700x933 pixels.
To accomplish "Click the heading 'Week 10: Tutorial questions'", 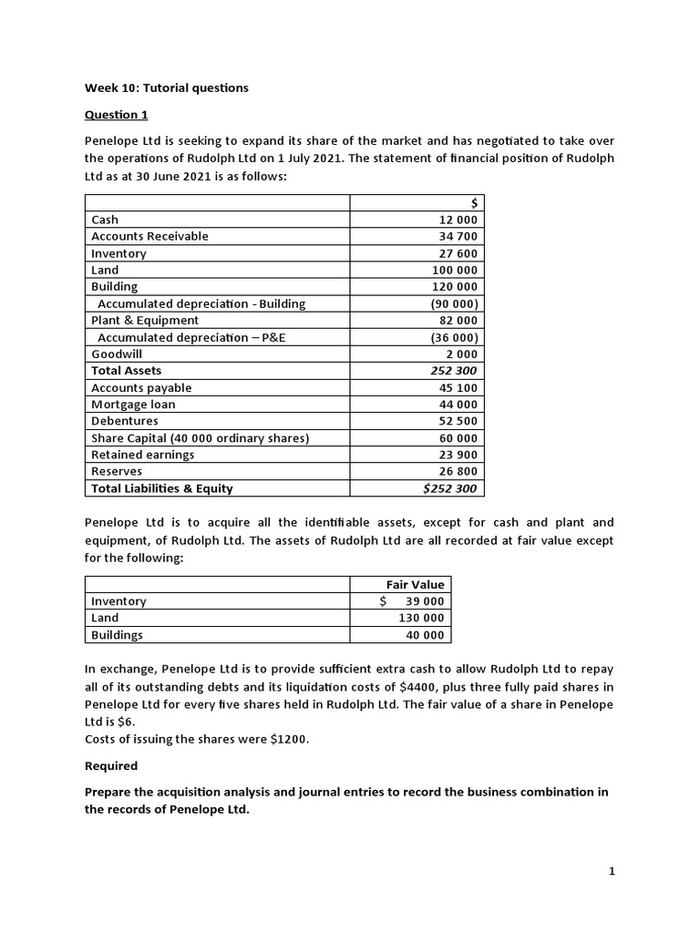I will point(166,88).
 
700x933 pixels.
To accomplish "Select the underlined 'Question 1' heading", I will point(116,115).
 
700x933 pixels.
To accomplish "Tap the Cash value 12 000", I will point(458,220).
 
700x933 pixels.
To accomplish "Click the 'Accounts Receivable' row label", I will point(149,236).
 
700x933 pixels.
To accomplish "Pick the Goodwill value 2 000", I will point(461,354).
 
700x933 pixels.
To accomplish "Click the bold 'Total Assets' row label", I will point(126,371).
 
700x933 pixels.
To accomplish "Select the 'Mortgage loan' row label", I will point(133,405).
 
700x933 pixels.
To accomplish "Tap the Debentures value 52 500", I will point(458,421).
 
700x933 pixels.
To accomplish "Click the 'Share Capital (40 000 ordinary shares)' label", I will point(201,438).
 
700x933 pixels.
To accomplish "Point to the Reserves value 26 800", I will point(458,472).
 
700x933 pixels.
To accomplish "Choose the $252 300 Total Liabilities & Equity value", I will point(450,488).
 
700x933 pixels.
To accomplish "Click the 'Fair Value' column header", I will point(416,585).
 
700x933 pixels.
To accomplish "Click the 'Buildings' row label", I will point(117,635).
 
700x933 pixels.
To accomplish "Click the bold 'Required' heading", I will point(111,766).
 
